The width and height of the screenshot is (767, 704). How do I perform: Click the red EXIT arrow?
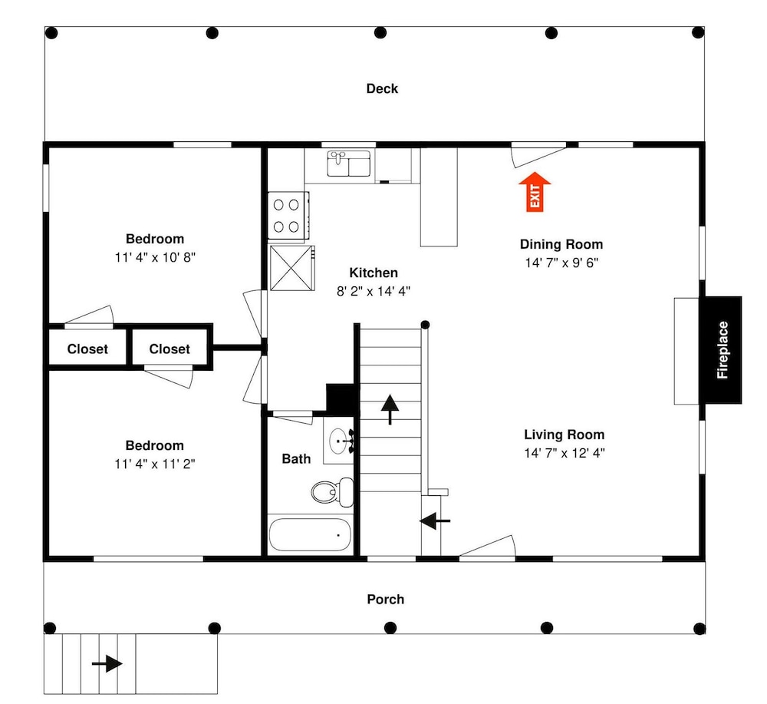535,192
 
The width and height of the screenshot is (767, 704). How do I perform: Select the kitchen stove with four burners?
288,216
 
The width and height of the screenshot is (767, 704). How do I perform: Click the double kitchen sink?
349,164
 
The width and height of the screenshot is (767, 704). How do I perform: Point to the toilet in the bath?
333,491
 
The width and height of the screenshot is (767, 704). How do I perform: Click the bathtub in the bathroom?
310,534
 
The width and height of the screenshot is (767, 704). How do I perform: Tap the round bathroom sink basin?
337,441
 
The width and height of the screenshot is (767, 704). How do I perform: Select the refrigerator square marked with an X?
291,268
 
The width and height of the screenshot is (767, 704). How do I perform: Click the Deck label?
382,88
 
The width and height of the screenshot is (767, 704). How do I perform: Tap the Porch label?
386,600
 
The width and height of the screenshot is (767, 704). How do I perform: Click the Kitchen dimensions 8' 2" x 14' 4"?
374,291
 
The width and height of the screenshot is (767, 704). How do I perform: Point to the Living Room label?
564,435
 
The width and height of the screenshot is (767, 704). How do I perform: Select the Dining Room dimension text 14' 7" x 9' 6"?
561,263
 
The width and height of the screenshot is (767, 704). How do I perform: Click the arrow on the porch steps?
107,664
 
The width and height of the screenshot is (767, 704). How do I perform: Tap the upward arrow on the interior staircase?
390,409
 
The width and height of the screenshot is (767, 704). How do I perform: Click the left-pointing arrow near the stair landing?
435,521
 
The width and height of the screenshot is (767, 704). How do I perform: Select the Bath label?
296,459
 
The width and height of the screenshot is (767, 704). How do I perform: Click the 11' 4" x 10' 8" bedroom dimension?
155,257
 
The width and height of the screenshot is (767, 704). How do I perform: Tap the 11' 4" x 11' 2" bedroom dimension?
155,464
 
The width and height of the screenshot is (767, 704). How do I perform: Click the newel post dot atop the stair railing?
425,325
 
